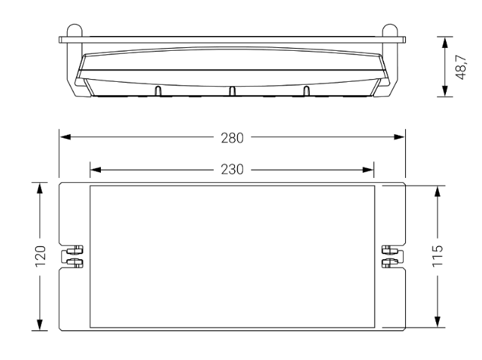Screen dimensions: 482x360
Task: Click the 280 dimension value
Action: point(232,138)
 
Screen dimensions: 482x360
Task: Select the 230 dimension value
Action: point(232,169)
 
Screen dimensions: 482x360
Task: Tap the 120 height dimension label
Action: point(40,256)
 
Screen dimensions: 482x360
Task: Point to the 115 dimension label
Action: point(438,256)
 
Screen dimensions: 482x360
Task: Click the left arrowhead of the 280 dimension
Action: point(66,137)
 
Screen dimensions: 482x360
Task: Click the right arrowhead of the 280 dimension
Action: point(399,137)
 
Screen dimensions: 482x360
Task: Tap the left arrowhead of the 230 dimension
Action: point(96,169)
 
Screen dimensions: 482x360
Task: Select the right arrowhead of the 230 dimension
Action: point(368,169)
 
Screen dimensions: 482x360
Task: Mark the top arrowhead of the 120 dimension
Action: point(40,188)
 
